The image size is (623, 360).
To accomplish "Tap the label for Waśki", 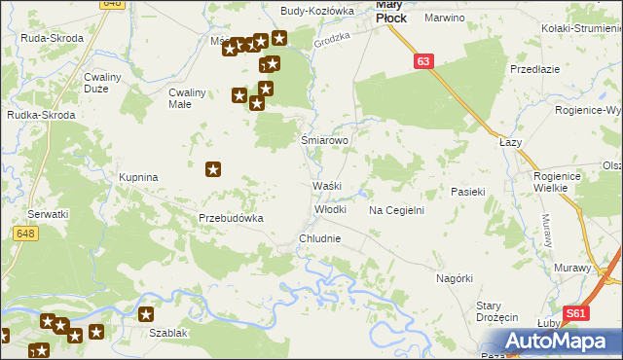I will pyautogui.click(x=325, y=186).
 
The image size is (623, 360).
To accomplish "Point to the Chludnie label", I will pyautogui.click(x=320, y=238).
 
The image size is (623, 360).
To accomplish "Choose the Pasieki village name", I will pyautogui.click(x=467, y=193).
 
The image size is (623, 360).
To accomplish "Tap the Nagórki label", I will pyautogui.click(x=455, y=278).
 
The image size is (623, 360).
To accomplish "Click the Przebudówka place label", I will pyautogui.click(x=232, y=219).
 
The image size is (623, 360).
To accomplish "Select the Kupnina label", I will pyautogui.click(x=138, y=178).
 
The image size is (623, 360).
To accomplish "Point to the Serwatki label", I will pyautogui.click(x=48, y=214).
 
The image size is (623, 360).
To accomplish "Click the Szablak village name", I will pyautogui.click(x=168, y=333).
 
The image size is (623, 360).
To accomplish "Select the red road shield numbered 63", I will pyautogui.click(x=421, y=61).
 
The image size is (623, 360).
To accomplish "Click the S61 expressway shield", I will pyautogui.click(x=577, y=313).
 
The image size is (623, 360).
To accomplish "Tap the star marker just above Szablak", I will pyautogui.click(x=146, y=314).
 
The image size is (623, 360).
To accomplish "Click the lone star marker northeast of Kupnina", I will pyautogui.click(x=214, y=170).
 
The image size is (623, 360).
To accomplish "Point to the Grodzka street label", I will pyautogui.click(x=331, y=41).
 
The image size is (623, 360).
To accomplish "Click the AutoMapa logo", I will pyautogui.click(x=559, y=341).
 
